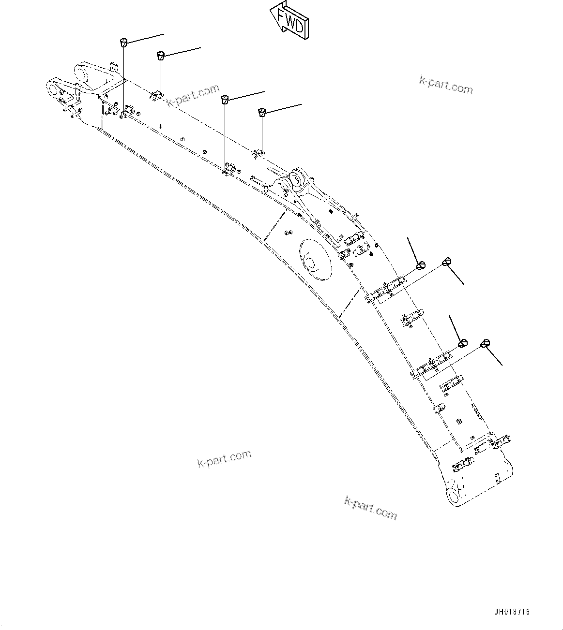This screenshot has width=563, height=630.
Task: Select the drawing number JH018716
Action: point(512,612)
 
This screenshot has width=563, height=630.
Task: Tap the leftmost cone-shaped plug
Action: point(124,42)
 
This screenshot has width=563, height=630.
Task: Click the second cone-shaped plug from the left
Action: point(161,55)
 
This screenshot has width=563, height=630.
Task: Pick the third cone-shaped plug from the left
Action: point(225,99)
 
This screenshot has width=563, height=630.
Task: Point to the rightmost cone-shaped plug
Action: point(262,112)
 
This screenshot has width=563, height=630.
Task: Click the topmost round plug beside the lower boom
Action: point(447,262)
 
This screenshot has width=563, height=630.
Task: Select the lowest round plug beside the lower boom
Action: point(485,343)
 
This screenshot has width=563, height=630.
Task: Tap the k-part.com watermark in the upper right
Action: point(445,86)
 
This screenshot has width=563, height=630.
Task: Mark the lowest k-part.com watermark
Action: point(370,508)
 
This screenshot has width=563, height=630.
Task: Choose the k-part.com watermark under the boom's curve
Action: point(224,458)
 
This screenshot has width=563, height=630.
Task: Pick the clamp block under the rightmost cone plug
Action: point(258,154)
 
